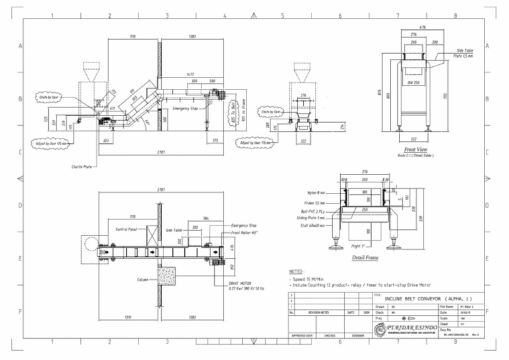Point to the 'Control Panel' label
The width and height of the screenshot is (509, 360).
click(x=126, y=229)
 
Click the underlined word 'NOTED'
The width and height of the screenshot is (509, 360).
click(x=296, y=271)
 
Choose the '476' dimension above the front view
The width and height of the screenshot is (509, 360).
click(x=423, y=27)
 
